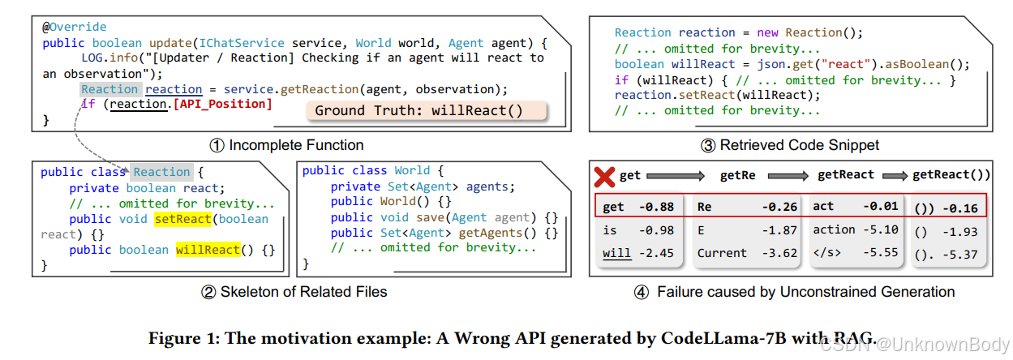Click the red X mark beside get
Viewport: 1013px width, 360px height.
pos(603,176)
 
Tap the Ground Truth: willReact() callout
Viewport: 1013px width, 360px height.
pos(419,110)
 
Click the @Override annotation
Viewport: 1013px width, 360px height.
pos(75,27)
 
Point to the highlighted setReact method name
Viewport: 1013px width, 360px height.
pos(182,219)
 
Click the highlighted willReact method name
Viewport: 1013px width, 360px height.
pos(207,249)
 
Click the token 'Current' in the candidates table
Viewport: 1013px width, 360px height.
pos(722,252)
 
